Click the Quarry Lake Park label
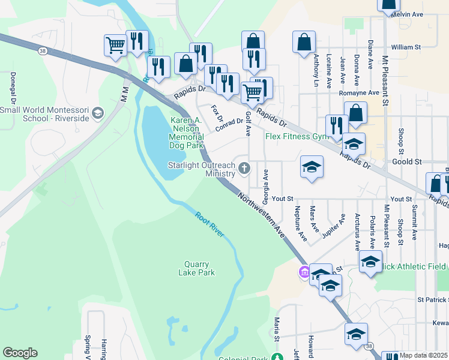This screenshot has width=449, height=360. tap(196, 268)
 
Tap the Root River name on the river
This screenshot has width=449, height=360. tap(209, 223)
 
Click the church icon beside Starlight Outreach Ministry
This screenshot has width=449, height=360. tap(244, 167)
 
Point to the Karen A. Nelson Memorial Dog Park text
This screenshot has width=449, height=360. tap(187, 133)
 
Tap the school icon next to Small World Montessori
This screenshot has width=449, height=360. tap(98, 113)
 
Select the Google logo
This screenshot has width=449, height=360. tap(20, 353)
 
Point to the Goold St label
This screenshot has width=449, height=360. tap(407, 162)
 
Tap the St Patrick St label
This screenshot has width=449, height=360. tap(433, 299)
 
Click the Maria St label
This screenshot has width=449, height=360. tap(277, 330)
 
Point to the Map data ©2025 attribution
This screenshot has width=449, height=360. tap(423, 355)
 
